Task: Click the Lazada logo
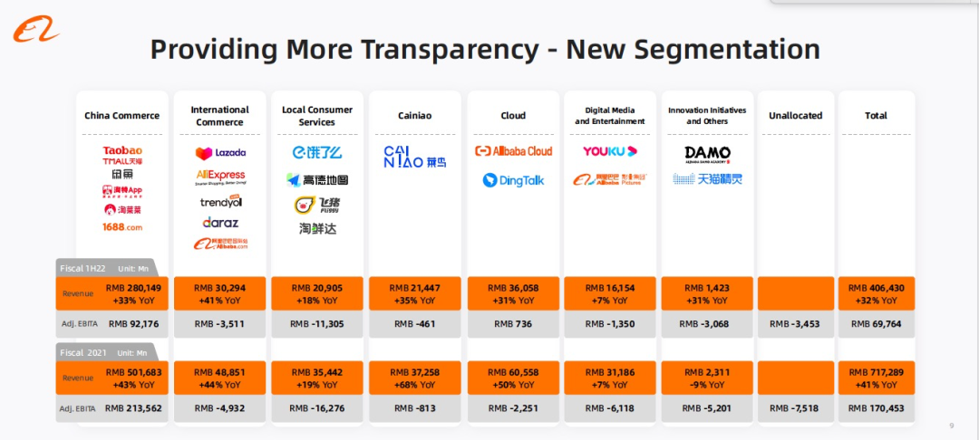tap(220, 153)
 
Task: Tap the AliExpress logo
tap(220, 176)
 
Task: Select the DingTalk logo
tap(513, 180)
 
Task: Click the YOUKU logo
tap(610, 151)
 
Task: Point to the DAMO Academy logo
tap(707, 154)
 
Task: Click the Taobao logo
tap(122, 150)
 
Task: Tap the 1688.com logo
tap(122, 227)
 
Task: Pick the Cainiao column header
tap(415, 116)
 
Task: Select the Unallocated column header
tap(795, 116)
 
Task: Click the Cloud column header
tap(513, 116)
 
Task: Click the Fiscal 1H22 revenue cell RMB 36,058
tap(513, 287)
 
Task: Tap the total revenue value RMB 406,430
tap(876, 287)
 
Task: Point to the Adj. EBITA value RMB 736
tap(513, 324)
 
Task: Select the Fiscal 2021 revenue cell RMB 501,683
tap(135, 372)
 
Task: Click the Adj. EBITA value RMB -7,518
tap(795, 408)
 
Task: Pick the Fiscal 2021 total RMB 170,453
tap(876, 408)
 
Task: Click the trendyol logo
tap(220, 201)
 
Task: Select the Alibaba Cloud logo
tap(513, 151)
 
